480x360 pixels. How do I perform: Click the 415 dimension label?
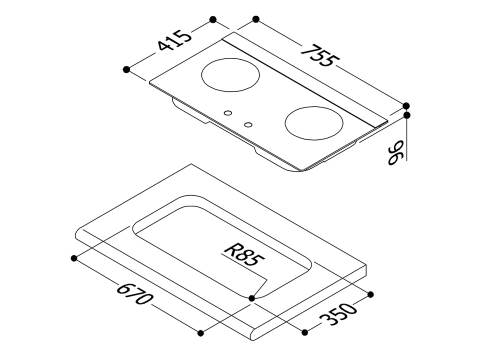(175, 40)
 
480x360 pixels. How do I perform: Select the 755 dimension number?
(320, 56)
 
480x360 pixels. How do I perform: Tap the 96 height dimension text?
(396, 153)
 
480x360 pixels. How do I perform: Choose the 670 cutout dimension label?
(134, 293)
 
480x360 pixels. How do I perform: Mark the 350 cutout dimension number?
(338, 314)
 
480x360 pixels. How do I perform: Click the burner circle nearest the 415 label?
(230, 75)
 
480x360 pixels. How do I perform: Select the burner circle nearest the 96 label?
(314, 123)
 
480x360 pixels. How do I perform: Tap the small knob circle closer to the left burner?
(228, 113)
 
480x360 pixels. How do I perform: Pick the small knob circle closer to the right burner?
(248, 125)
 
